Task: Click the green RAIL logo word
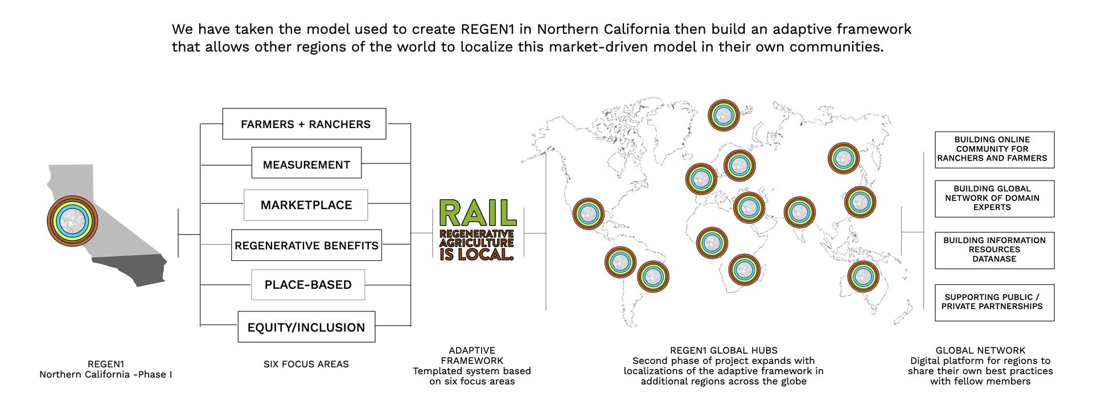coord(478,213)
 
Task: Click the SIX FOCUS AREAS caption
coord(306,364)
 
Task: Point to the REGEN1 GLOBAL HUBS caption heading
coord(724,350)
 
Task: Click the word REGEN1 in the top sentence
coord(488,29)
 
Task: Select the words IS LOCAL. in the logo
coord(476,255)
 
